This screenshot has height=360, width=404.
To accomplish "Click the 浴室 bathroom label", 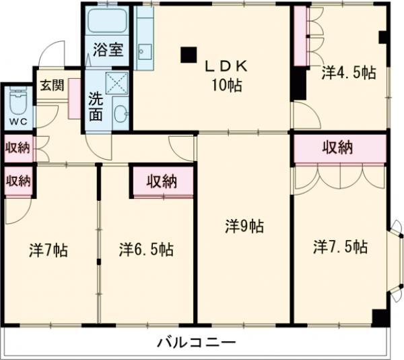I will (108, 49).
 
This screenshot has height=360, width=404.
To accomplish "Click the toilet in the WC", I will (18, 104).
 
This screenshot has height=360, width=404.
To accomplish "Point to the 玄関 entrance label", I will (50, 86).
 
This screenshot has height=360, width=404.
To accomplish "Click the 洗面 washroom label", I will (96, 107).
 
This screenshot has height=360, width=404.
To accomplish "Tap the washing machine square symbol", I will (118, 84).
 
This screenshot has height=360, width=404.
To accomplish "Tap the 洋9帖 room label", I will (244, 227).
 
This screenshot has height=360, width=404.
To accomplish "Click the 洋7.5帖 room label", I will (340, 247).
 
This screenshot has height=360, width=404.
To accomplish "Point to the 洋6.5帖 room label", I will (146, 249).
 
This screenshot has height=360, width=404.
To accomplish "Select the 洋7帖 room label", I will (48, 250).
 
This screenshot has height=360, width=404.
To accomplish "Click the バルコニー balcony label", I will (197, 342).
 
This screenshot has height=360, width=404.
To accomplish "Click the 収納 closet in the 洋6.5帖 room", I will (162, 181).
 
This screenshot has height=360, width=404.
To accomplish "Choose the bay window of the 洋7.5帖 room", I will (397, 257).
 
